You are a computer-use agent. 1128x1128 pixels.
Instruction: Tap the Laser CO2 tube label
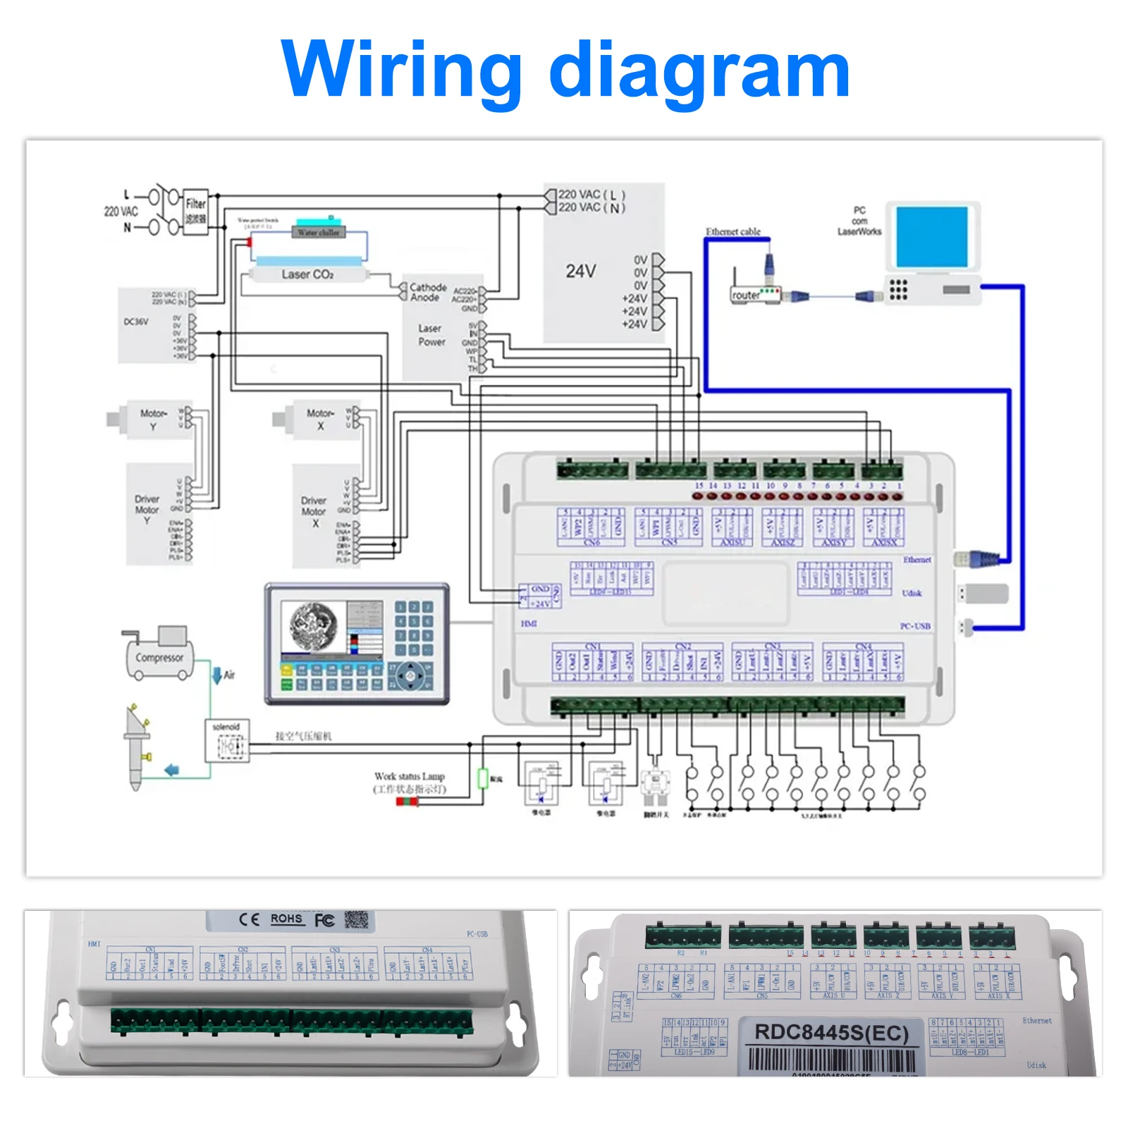[x=307, y=274]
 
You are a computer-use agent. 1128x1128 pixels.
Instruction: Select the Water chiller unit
[x=319, y=231]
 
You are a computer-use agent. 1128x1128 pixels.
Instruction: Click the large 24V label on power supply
[x=581, y=271]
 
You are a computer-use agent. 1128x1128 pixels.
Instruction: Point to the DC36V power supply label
[x=136, y=321]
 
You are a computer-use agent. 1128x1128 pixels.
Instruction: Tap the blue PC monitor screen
[x=931, y=236]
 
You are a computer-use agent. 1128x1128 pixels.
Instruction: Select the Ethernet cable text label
[x=732, y=231]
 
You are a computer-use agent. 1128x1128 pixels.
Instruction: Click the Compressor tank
[x=159, y=657]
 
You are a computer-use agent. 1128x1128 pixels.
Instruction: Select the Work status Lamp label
[x=409, y=776]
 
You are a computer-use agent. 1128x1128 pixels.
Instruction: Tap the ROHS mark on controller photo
[x=286, y=919]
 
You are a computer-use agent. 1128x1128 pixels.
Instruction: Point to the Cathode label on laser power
[x=428, y=288]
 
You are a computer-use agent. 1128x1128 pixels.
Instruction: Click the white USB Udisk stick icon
[x=984, y=594]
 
